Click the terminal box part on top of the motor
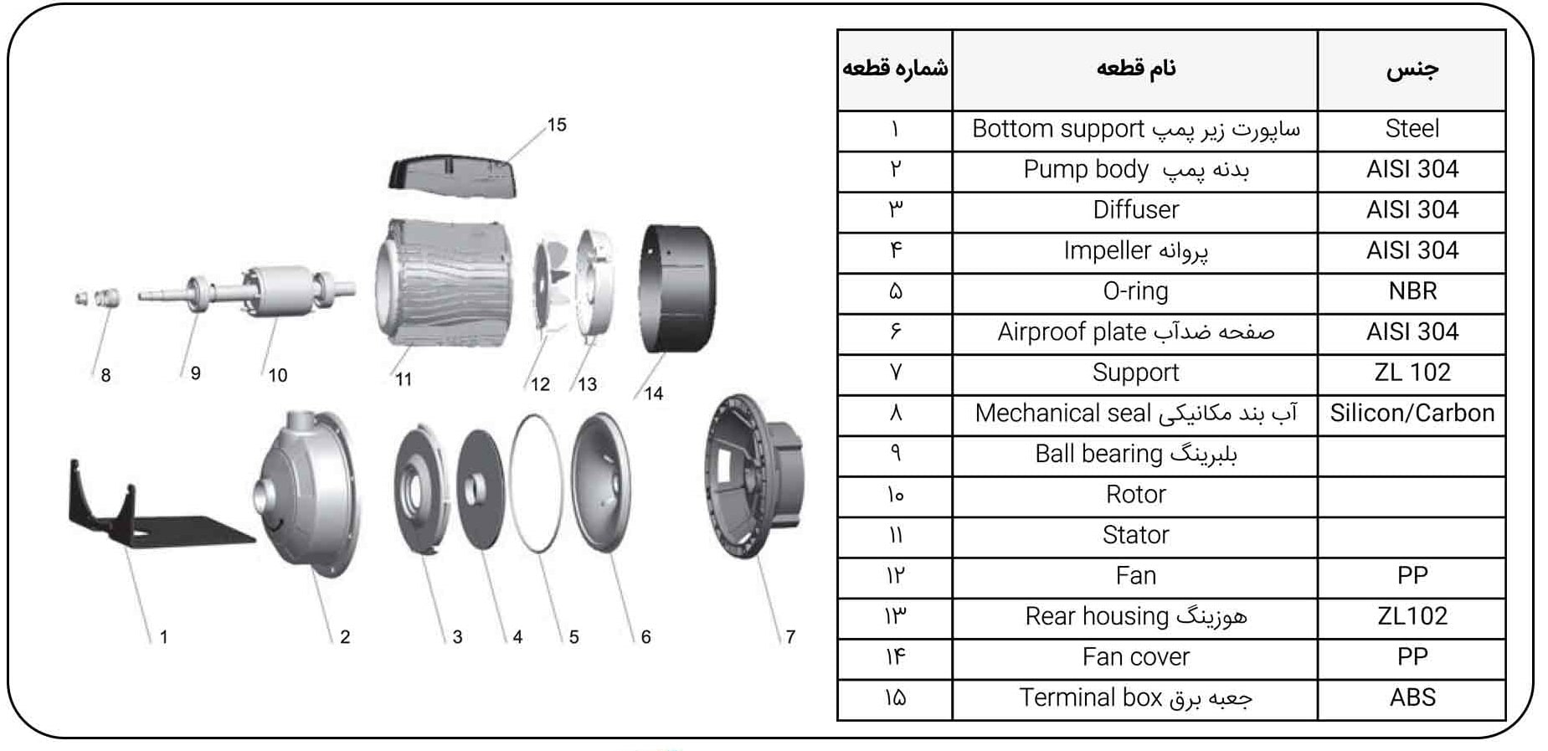453,174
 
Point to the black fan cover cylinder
676,288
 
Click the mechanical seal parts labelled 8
97,297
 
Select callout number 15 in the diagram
557,125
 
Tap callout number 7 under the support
790,637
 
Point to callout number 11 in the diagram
404,380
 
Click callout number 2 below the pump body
345,637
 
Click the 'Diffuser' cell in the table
1135,210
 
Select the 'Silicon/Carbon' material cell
1412,413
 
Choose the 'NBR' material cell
1412,291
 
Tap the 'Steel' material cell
1412,128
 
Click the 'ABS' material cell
1412,697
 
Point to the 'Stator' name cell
1135,535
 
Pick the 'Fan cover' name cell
1135,657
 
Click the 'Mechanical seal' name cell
1135,413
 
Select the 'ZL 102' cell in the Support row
1412,372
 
